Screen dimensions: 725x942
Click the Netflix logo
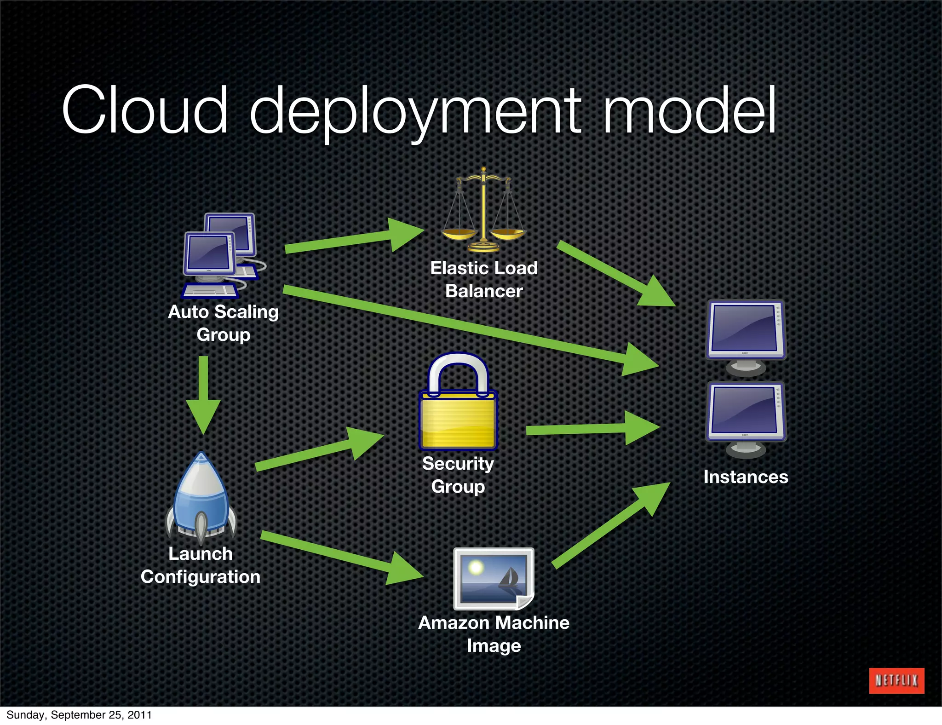(896, 680)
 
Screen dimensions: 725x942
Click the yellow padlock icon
(458, 403)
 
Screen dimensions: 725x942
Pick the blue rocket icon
(201, 497)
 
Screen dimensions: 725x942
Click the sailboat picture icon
(494, 578)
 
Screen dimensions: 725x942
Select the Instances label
(746, 477)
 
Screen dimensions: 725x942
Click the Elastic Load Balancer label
(484, 279)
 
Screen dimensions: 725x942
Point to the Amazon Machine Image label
(494, 634)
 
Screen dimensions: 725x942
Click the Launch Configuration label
(201, 565)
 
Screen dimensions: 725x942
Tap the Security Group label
(458, 475)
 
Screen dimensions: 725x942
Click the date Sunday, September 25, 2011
(79, 715)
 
